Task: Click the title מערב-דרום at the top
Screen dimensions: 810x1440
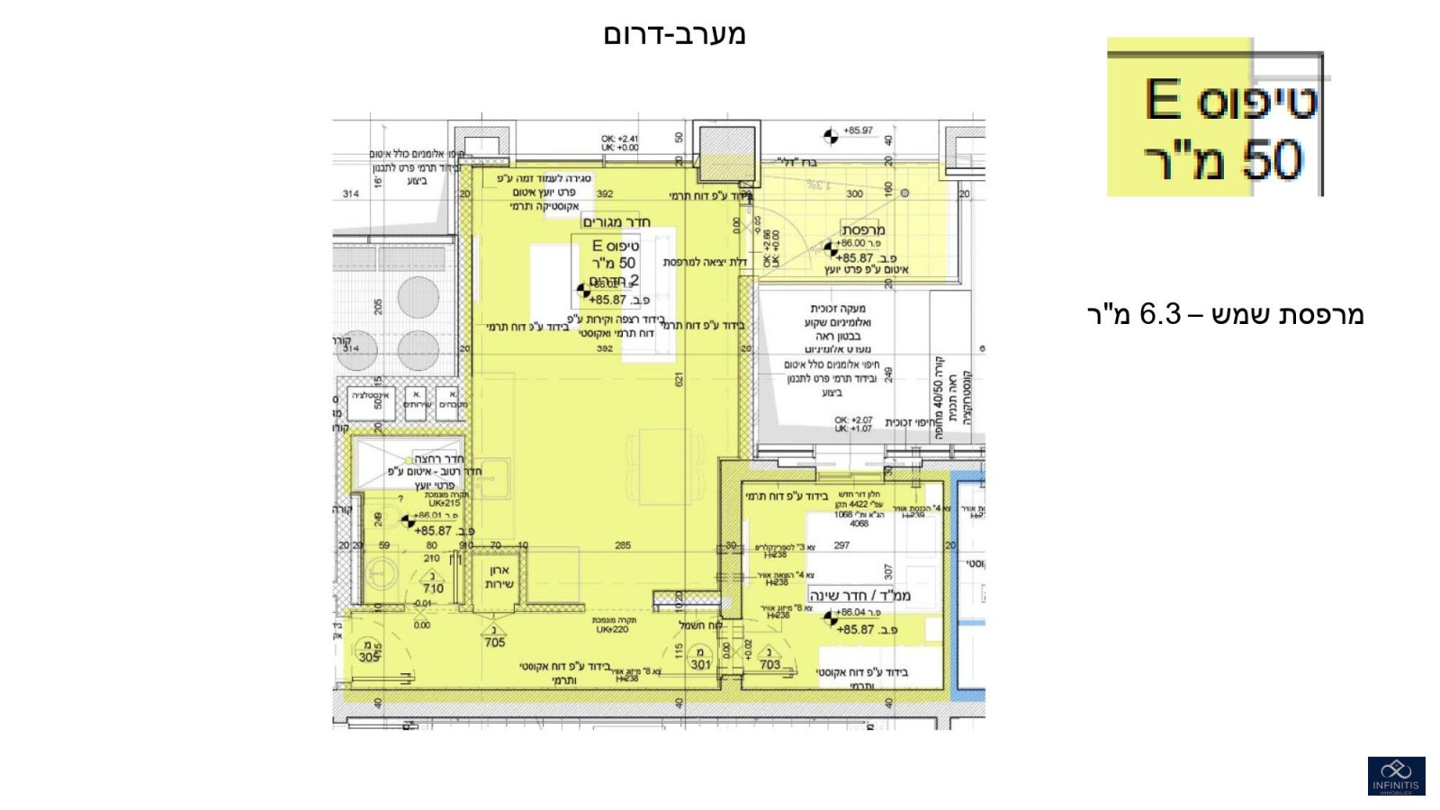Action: coord(674,35)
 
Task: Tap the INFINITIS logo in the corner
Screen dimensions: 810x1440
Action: coord(1396,776)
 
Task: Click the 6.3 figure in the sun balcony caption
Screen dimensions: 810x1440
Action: coord(1160,314)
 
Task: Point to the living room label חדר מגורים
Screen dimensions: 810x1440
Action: coord(616,222)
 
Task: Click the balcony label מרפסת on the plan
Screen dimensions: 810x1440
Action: coord(862,229)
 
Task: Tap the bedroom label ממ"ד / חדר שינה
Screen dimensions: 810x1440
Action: coord(859,596)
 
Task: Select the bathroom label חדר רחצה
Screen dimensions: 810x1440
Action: coord(438,459)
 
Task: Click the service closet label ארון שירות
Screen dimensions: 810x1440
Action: coord(499,577)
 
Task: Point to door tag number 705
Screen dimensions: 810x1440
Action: coord(494,643)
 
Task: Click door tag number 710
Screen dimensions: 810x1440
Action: coord(433,589)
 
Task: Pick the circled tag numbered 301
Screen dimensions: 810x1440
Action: coord(700,665)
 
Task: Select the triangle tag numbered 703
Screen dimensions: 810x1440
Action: coord(769,665)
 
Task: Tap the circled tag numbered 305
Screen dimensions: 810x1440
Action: coord(369,657)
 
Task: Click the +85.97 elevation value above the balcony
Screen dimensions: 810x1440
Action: coord(858,130)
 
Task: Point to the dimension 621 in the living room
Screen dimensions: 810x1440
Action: coord(679,379)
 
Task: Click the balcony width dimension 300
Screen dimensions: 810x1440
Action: coord(854,193)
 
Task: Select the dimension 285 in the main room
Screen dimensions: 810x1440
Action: coord(622,545)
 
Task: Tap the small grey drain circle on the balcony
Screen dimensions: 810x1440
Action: coord(904,193)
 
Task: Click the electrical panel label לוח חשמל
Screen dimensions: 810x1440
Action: coord(701,625)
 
